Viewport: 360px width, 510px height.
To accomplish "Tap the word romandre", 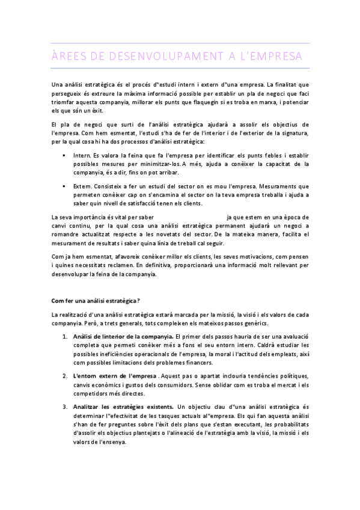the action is [x=67, y=235].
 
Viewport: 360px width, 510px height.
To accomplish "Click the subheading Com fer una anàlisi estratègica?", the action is [x=96, y=300].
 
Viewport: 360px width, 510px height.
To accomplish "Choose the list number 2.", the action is [x=65, y=376].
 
